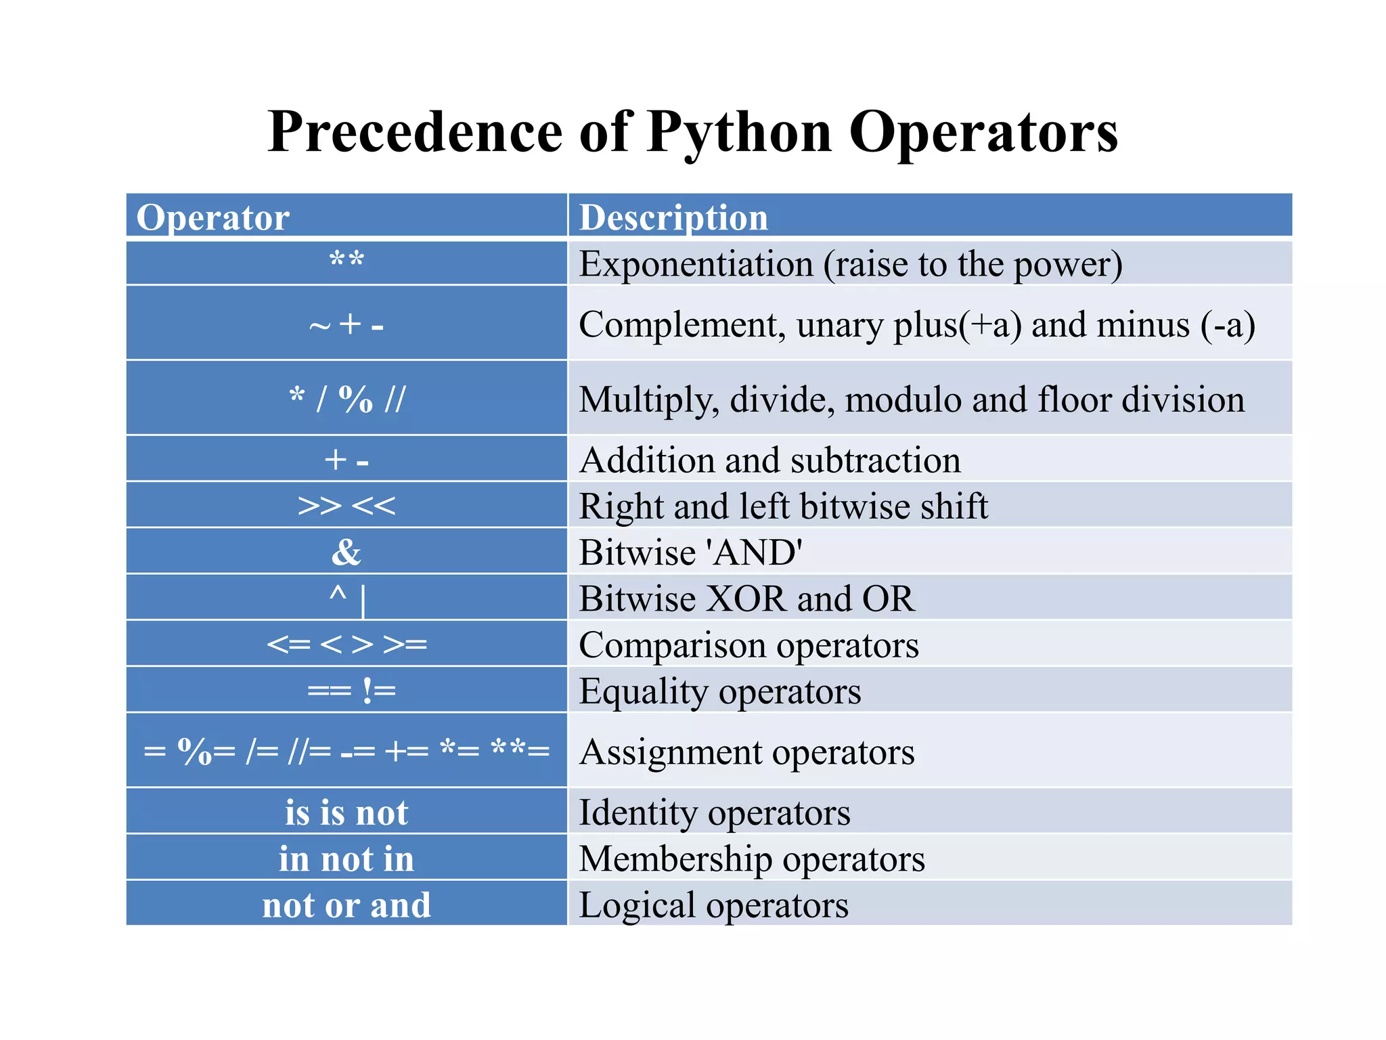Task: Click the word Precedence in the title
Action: pyautogui.click(x=415, y=131)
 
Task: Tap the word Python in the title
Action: pyautogui.click(x=739, y=133)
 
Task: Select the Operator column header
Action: pyautogui.click(x=213, y=218)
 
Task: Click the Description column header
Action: pyautogui.click(x=673, y=218)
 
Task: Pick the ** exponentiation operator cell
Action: pyautogui.click(x=346, y=261)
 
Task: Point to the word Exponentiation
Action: pyautogui.click(x=696, y=264)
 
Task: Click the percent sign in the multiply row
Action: pyautogui.click(x=355, y=399)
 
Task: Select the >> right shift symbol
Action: pyautogui.click(x=319, y=506)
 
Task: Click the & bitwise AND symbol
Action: pyautogui.click(x=346, y=552)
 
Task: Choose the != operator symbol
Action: pyautogui.click(x=379, y=691)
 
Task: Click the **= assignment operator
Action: pyautogui.click(x=520, y=750)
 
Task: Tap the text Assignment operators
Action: pyautogui.click(x=746, y=752)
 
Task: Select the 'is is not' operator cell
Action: pyautogui.click(x=346, y=812)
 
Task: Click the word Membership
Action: pyautogui.click(x=675, y=859)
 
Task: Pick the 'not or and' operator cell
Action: pyautogui.click(x=346, y=905)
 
